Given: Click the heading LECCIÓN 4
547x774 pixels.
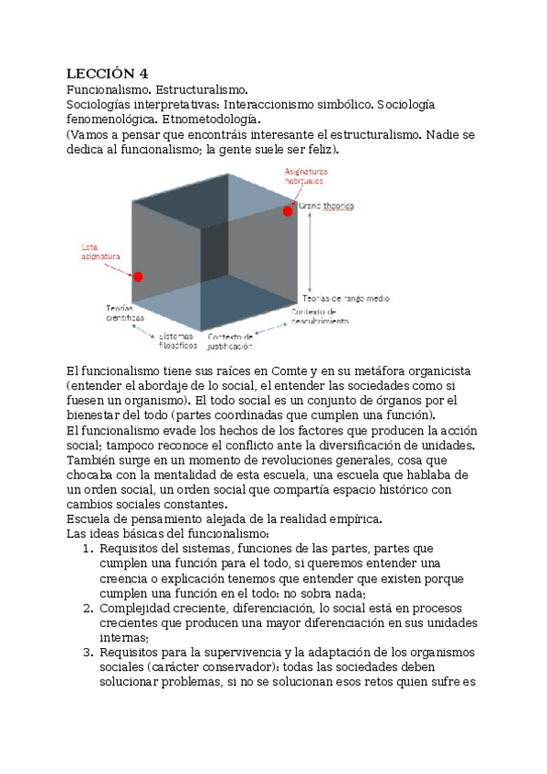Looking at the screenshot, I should coord(105,73).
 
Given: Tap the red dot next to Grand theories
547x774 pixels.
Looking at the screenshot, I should coord(288,211).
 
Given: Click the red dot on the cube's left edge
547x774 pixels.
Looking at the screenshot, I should coord(138,277).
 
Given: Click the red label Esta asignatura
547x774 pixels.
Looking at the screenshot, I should coord(100,252).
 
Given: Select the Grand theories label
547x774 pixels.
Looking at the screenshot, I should coord(326,207).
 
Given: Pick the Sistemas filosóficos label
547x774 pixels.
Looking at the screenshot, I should coord(177,341).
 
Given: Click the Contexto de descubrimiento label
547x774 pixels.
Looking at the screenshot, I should coord(320,317).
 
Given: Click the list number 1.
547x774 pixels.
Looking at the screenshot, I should coord(88,549).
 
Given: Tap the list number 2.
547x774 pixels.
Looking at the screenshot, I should coord(88,607).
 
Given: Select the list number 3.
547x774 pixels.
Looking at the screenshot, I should coord(88,652).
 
